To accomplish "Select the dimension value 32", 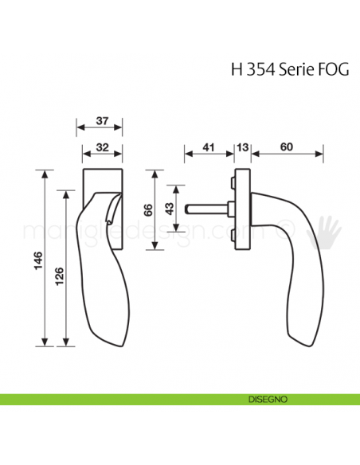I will pyautogui.click(x=101, y=147).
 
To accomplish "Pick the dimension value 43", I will pyautogui.click(x=170, y=209).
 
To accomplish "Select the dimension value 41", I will pyautogui.click(x=209, y=147).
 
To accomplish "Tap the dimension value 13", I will pyautogui.click(x=243, y=147).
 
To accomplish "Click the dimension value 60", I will pyautogui.click(x=286, y=147).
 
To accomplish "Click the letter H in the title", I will pyautogui.click(x=237, y=68).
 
